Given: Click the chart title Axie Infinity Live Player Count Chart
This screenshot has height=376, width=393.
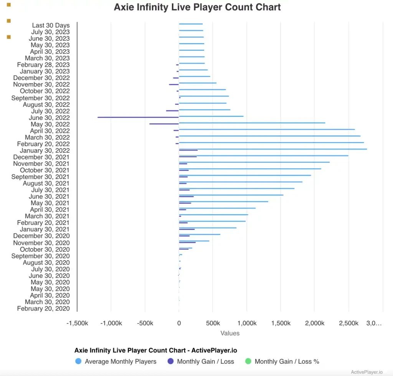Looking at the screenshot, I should click(197, 7).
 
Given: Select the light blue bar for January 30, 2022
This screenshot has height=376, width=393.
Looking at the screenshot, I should click(272, 149).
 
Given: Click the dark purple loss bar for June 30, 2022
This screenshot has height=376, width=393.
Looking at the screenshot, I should click(138, 117).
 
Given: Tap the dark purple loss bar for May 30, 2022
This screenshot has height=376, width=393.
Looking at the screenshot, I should click(164, 124).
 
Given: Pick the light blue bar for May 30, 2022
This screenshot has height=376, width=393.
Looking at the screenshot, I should click(252, 123).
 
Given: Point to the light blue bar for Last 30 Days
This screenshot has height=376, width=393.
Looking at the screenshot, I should click(191, 24).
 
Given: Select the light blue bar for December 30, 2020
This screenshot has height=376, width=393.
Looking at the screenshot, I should click(200, 234).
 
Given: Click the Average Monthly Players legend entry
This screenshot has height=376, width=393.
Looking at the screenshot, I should click(121, 361).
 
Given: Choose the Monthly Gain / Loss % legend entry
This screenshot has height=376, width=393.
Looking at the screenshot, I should click(287, 361).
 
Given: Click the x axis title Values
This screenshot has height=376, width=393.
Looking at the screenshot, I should click(230, 333).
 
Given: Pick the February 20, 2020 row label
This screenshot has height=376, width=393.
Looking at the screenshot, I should click(43, 309).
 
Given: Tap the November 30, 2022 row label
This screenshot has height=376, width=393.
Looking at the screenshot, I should click(41, 85).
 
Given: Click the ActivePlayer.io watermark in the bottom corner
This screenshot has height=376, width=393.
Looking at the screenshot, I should click(367, 372).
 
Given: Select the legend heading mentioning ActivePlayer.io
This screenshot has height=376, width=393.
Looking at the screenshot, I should click(155, 350).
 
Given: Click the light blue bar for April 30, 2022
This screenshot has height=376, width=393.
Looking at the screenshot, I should click(267, 129).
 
